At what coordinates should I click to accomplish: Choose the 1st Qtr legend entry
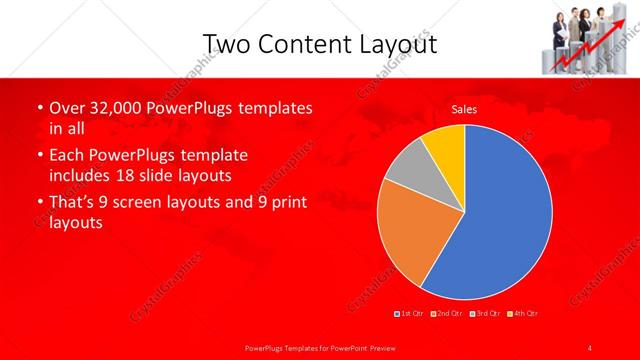409,314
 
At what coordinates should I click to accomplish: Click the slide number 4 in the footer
590,347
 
